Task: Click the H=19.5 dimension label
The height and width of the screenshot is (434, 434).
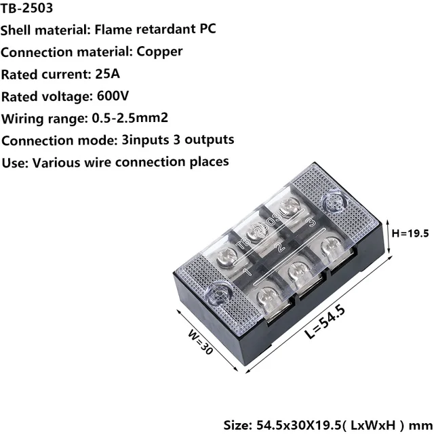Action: click(x=411, y=234)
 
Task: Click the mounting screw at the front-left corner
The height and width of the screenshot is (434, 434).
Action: click(x=220, y=293)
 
